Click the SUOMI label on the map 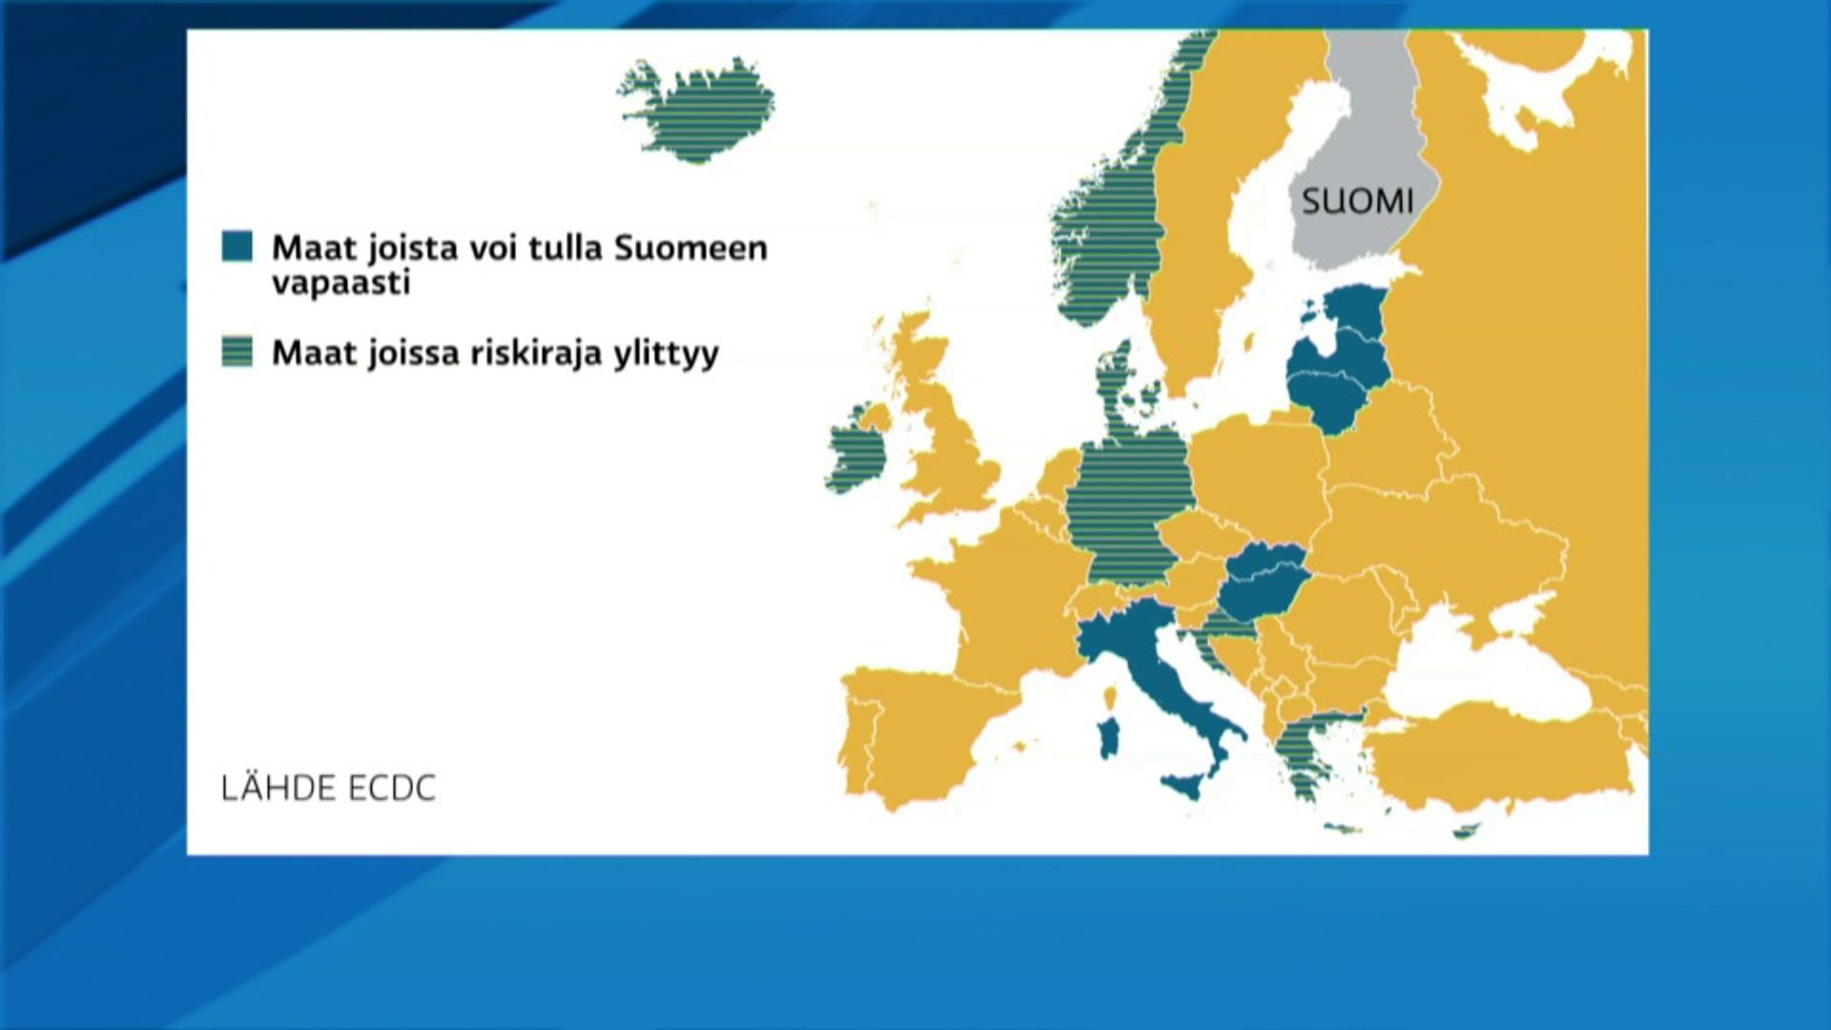point(1357,201)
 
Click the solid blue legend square point(237,246)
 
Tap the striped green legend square point(237,351)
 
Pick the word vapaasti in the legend point(340,283)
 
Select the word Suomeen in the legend point(690,248)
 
